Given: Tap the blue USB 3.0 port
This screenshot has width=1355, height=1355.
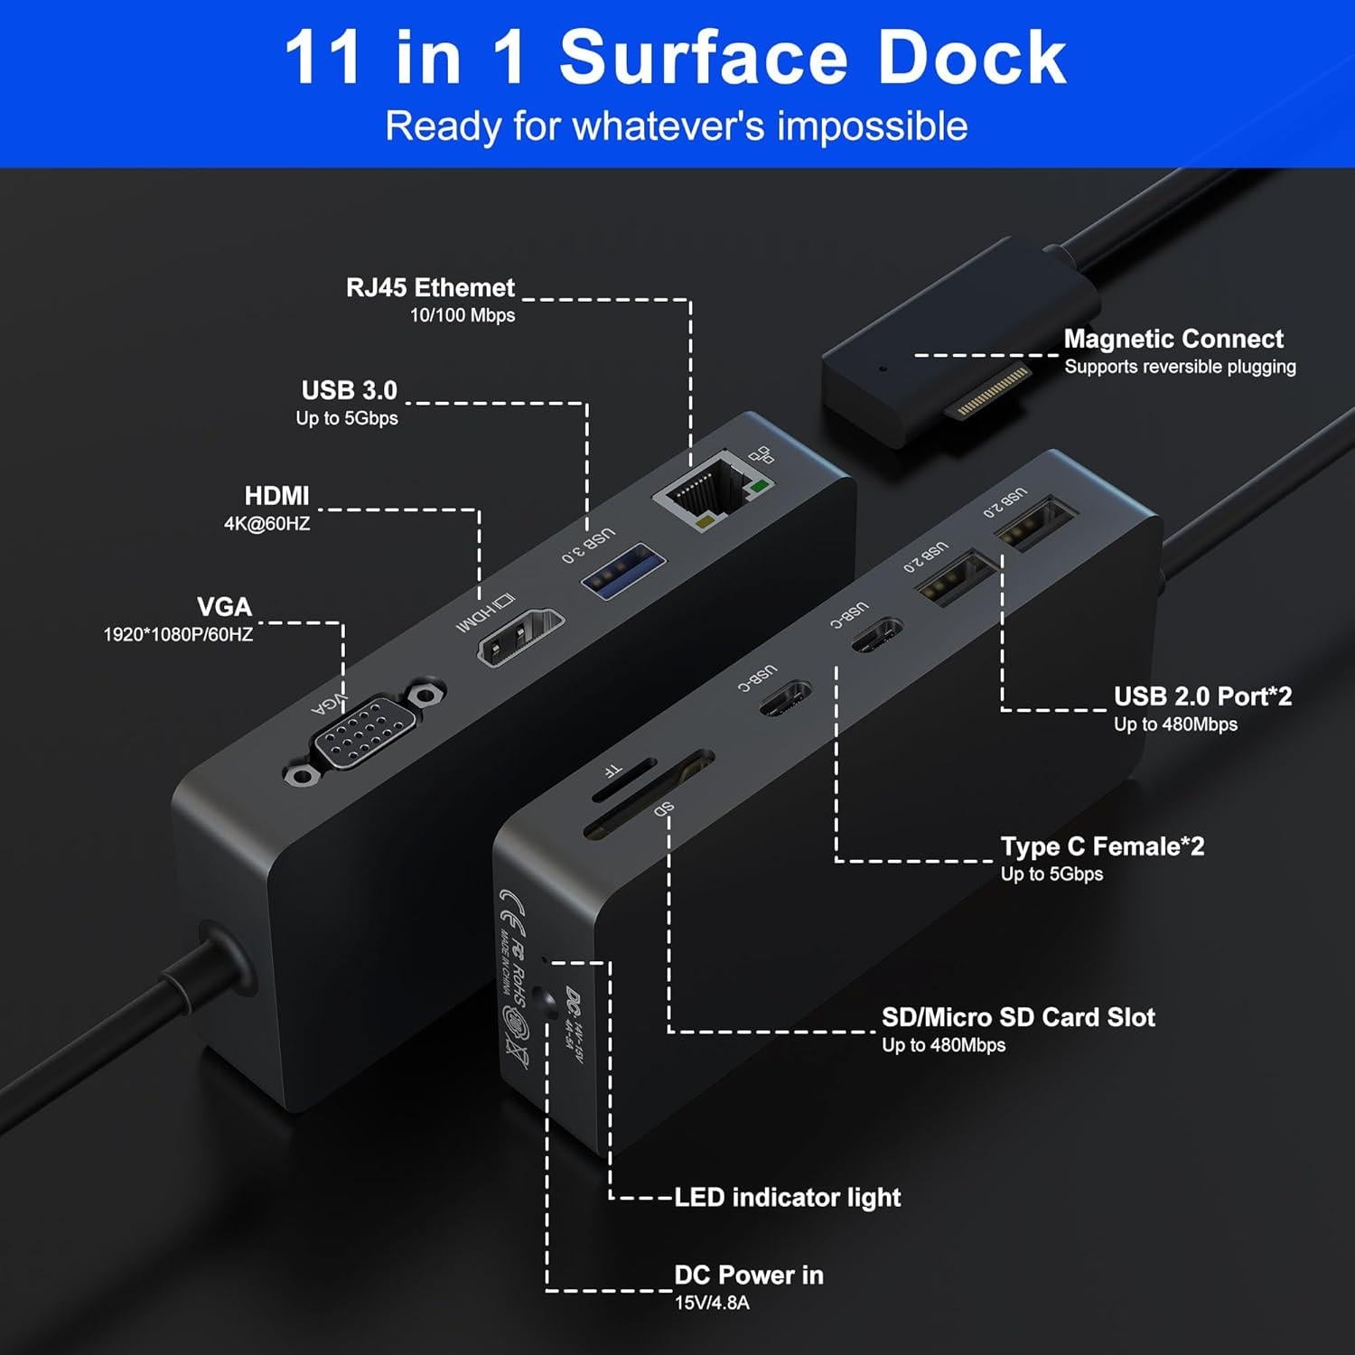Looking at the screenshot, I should [623, 569].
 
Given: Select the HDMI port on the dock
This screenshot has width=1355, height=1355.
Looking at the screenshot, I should [519, 637].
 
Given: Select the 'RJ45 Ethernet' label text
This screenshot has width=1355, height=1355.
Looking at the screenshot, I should [430, 288].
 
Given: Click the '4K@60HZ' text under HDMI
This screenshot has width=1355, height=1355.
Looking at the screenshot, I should [266, 524].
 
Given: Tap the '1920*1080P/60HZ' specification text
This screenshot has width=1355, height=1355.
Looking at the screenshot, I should [178, 634].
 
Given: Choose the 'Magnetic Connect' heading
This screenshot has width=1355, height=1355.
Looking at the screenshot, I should [1173, 339].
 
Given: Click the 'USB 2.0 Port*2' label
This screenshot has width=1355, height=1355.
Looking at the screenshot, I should [1202, 696].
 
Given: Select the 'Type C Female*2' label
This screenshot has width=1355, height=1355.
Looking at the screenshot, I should [1102, 846].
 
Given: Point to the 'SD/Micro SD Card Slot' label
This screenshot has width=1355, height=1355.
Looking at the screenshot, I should [1018, 1017].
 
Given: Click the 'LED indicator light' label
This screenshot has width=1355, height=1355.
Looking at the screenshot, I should [788, 1198].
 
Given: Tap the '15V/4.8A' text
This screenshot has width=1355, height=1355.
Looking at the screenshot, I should [712, 1303].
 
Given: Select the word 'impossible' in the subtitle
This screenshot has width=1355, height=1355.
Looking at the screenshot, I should [872, 126].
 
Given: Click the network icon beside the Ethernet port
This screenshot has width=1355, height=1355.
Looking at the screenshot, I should [762, 455].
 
